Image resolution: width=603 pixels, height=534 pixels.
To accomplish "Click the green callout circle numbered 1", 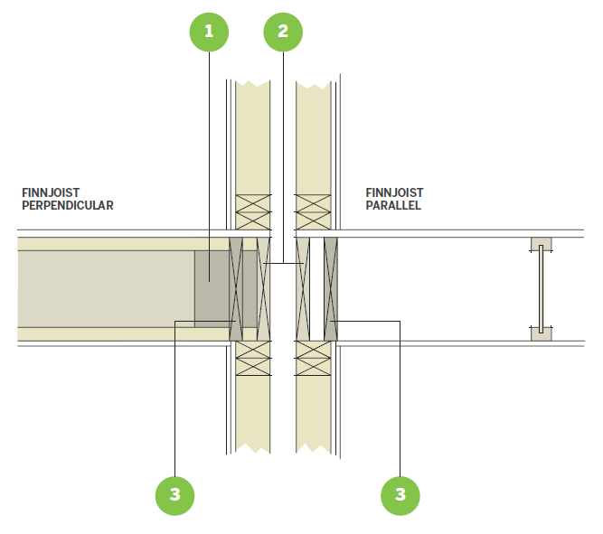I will [209, 32].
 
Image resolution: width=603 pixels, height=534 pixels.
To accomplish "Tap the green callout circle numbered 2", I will [282, 32].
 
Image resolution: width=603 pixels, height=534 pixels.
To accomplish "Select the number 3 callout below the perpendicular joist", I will [174, 493].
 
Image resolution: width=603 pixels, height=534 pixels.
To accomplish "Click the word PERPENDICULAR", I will [68, 205].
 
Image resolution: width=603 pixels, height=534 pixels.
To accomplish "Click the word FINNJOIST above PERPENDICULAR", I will [48, 192].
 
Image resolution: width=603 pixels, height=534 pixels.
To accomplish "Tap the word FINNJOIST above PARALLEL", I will [394, 192].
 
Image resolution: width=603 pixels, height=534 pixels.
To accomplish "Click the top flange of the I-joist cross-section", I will [541, 244].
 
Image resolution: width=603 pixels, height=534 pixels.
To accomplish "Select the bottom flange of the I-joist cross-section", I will [541, 333].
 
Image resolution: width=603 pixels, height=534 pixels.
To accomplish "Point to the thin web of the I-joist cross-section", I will [541, 289].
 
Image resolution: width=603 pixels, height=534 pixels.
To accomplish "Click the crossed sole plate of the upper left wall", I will [253, 211].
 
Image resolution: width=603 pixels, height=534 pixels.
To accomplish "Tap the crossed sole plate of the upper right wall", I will [313, 211].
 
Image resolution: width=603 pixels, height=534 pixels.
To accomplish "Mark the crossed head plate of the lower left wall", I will [253, 359].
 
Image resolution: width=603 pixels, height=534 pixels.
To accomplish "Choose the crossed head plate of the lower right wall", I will [313, 359].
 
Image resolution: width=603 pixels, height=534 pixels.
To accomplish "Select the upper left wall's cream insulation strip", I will [253, 136].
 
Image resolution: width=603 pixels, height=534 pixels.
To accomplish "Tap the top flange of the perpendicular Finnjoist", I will [118, 244].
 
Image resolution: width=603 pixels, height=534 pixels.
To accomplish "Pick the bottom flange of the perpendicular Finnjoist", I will [118, 333].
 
